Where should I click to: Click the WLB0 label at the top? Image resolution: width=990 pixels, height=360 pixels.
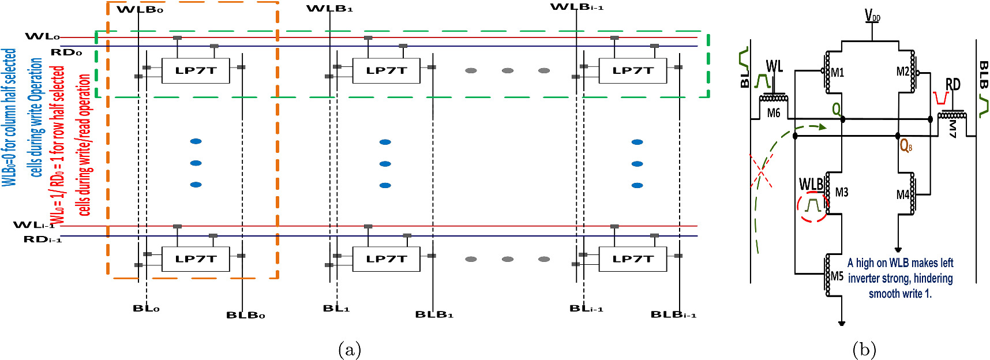pos(140,10)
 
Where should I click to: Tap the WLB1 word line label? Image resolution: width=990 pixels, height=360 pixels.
pos(329,9)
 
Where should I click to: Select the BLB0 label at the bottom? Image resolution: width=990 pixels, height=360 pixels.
pos(245,315)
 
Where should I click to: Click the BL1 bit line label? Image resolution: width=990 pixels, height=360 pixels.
pos(336,309)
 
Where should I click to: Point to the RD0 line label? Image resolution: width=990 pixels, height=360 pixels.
pos(66,52)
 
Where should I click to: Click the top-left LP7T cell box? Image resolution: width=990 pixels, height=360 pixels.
pos(196,70)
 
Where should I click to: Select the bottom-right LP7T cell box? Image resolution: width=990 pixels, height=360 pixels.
pos(632,259)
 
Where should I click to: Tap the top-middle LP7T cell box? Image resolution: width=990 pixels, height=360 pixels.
pos(386,70)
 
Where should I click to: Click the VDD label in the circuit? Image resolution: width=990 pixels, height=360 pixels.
pos(872,16)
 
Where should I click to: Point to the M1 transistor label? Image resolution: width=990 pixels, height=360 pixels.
pos(838,73)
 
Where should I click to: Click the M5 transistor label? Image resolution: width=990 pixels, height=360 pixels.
pos(837,276)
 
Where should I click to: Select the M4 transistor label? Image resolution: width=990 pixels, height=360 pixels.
pos(903,195)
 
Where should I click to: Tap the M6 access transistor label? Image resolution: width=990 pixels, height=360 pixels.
pos(774,113)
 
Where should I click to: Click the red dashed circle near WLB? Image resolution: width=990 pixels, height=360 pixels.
pos(813,207)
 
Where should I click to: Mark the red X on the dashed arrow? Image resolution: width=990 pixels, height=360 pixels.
pos(762,171)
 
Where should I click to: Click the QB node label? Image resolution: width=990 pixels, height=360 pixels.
pos(906,145)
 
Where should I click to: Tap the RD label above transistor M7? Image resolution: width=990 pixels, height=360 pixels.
pos(952,85)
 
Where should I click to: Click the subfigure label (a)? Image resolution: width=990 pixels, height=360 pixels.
pos(350,350)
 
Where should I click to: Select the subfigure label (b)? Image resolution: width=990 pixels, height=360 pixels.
pos(864,350)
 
